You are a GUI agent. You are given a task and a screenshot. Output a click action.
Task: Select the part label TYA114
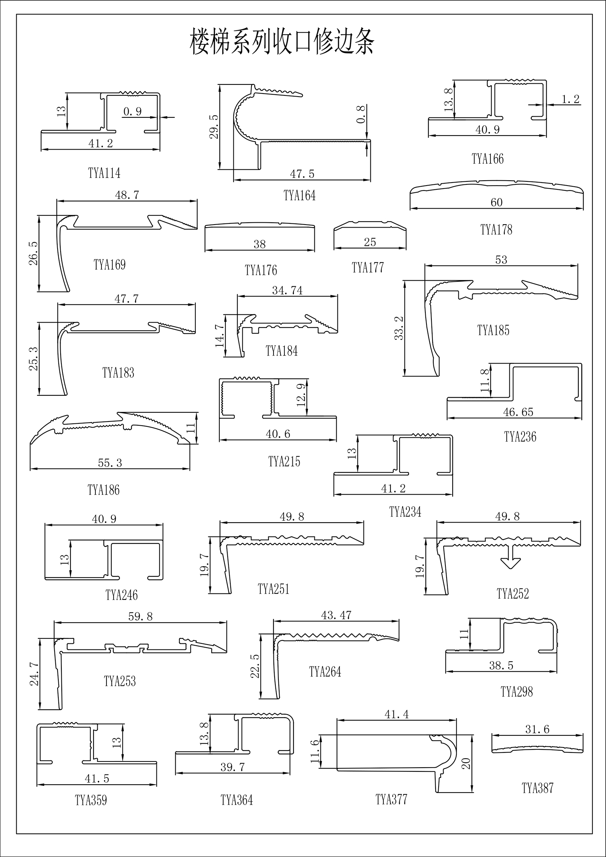pos(104,173)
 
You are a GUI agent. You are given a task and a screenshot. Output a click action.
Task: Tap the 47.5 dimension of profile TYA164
pos(302,174)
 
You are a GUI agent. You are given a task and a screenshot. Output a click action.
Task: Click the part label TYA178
pos(496,229)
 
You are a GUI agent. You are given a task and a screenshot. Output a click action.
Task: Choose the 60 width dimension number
pos(496,202)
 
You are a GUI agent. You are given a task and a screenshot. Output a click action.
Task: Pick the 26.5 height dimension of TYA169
pos(33,253)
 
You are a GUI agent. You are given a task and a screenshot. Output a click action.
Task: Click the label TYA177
pos(368,268)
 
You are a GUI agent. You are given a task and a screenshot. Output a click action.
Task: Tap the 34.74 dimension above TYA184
pos(287,290)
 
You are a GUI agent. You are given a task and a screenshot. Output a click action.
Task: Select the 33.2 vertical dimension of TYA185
pos(399,328)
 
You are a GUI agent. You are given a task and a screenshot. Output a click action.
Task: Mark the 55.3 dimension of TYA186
pos(110,463)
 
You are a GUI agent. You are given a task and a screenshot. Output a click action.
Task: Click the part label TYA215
pos(284,462)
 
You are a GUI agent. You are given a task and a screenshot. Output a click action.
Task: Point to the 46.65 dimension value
pos(518,412)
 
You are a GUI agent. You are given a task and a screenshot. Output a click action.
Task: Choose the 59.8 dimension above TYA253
pos(140,617)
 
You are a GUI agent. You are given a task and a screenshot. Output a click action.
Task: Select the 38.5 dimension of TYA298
pos(501,665)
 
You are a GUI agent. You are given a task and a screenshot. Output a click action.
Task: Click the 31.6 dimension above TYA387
pos(537,729)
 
